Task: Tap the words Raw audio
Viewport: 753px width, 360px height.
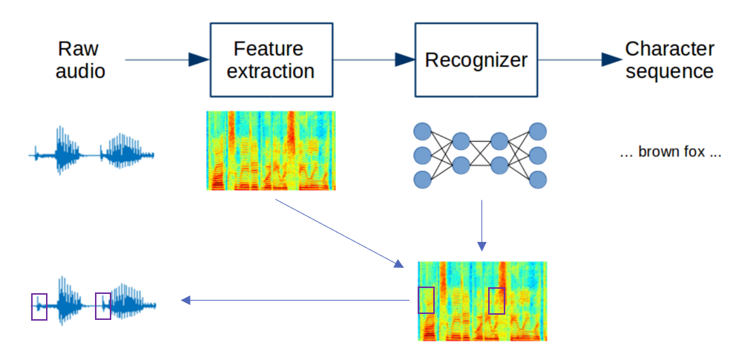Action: coord(80,60)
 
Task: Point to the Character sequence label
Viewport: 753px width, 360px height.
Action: coord(669,60)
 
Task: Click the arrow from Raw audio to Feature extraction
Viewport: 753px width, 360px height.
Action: coord(167,60)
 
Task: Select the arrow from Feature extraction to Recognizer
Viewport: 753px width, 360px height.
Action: coord(374,60)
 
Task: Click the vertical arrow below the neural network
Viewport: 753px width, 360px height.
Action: coord(481,226)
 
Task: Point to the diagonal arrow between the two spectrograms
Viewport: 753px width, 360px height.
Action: coord(340,233)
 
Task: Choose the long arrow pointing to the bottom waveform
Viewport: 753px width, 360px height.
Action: coord(295,301)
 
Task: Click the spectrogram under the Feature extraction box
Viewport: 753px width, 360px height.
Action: coord(271,151)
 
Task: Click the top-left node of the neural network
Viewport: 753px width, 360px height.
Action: coord(423,131)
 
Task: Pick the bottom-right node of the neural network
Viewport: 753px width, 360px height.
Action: coord(538,179)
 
